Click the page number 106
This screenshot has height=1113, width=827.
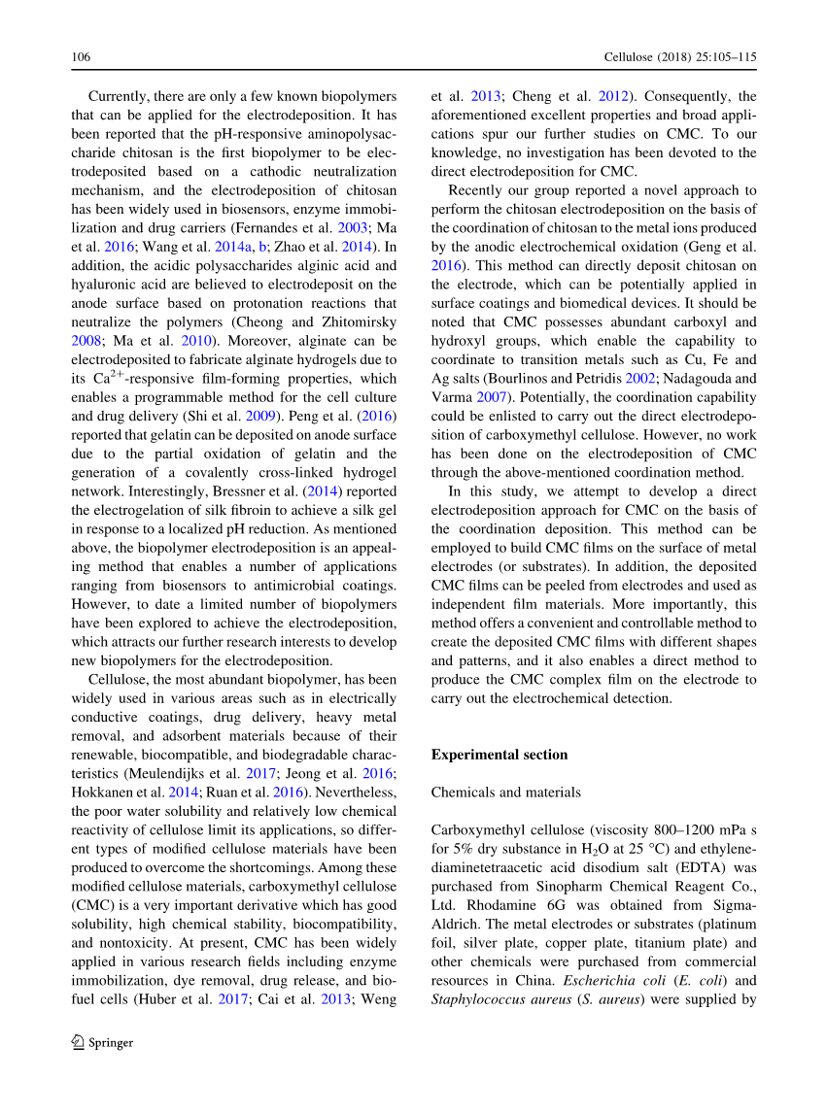click(x=81, y=57)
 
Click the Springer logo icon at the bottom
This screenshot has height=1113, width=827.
click(x=79, y=1043)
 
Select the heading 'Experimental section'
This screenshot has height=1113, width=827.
click(x=499, y=755)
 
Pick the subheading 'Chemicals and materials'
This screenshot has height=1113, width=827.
click(x=505, y=793)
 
